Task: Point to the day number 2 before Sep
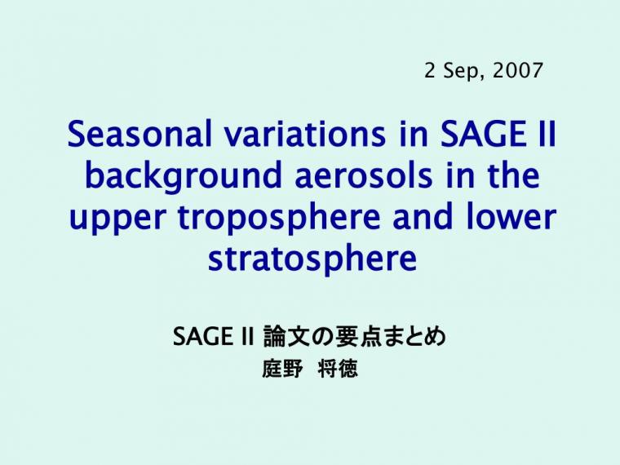click(429, 70)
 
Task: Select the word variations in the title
click(304, 134)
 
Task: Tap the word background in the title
click(183, 176)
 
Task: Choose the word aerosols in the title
click(364, 175)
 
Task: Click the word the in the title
click(514, 175)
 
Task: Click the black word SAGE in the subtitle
click(202, 336)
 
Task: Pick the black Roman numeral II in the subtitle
click(246, 336)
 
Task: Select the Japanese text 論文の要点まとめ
click(355, 336)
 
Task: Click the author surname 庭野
click(282, 369)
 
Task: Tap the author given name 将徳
click(338, 369)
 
